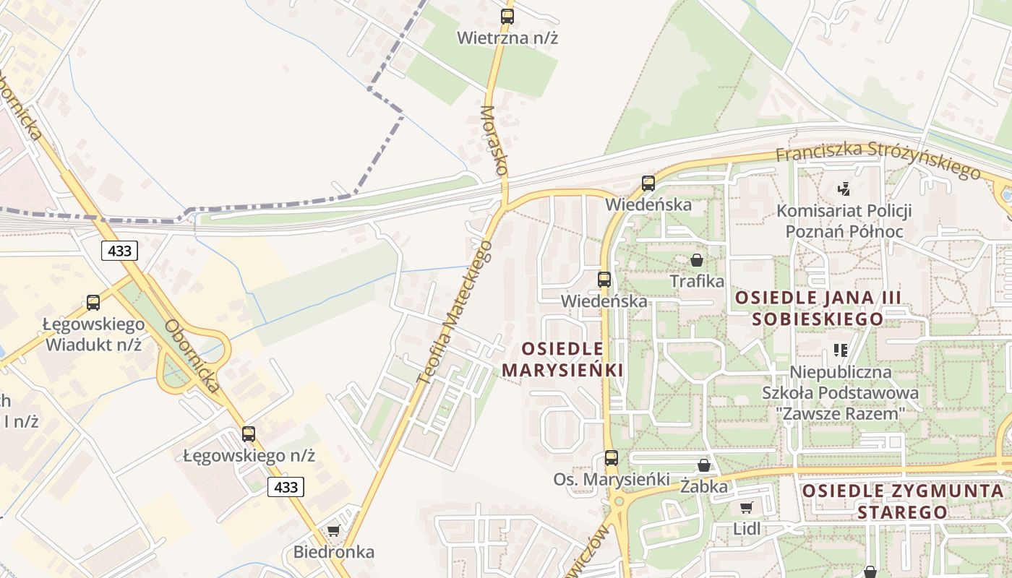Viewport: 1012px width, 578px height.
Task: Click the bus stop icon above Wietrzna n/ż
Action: click(x=507, y=16)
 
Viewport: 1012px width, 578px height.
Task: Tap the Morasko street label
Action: click(x=494, y=141)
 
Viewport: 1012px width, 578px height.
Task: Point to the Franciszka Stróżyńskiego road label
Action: click(x=878, y=160)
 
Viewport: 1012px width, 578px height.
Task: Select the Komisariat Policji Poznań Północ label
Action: click(x=844, y=221)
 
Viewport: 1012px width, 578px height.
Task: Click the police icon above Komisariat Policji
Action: click(x=843, y=189)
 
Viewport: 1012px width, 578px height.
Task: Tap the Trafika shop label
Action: click(x=697, y=281)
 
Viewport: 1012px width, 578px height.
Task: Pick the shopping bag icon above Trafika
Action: click(x=697, y=260)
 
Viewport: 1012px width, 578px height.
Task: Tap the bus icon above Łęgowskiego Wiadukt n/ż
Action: click(x=93, y=303)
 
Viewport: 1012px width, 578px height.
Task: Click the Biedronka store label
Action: click(x=334, y=553)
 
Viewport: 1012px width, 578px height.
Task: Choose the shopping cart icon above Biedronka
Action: click(x=334, y=531)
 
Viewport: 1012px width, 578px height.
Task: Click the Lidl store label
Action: click(x=747, y=528)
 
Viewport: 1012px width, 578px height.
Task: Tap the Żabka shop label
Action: click(x=704, y=487)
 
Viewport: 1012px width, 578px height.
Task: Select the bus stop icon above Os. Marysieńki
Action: click(x=612, y=457)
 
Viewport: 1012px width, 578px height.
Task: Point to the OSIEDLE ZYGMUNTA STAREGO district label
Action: click(x=903, y=501)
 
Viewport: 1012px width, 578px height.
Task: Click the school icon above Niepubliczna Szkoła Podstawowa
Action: click(x=840, y=350)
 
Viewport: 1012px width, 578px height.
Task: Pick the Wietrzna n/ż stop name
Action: click(x=507, y=38)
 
